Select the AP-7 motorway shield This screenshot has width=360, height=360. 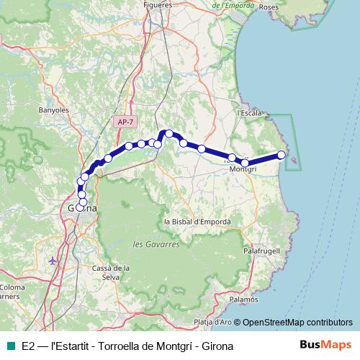click(125, 122)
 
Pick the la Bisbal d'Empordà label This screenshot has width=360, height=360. click(197, 222)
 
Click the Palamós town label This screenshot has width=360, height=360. click(245, 298)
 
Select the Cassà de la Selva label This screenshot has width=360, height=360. click(111, 272)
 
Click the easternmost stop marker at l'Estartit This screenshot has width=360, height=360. click(282, 155)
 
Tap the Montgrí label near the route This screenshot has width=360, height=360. click(242, 168)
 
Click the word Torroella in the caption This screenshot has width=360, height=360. click(119, 346)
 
